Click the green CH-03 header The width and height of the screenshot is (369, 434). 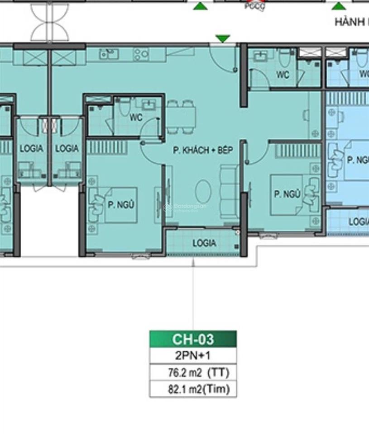193,339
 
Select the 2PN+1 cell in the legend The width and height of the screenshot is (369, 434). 193,356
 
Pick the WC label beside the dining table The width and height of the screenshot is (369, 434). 136,118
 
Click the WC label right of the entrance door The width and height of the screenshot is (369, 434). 283,75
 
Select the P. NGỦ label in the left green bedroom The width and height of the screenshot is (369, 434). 121,205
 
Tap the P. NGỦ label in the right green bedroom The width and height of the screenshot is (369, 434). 288,194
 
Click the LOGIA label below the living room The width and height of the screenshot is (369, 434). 204,243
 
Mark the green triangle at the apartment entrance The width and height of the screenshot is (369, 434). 222,39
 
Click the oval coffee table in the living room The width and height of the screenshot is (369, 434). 203,191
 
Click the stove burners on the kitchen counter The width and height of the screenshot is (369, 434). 141,55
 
